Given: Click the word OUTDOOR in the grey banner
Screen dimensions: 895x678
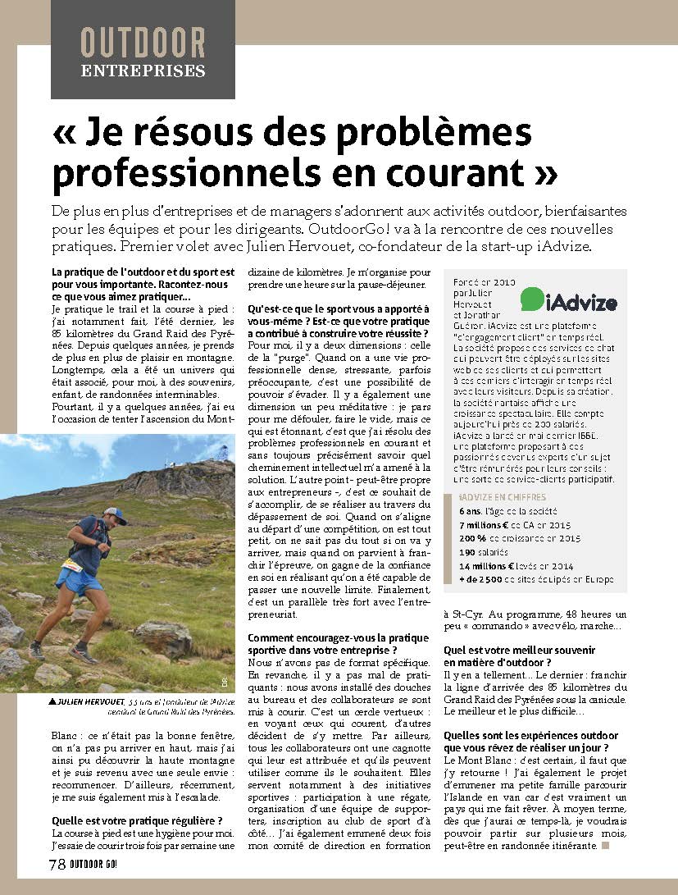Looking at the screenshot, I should click(x=143, y=42).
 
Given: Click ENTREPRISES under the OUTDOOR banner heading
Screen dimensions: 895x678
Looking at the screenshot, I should click(x=143, y=70).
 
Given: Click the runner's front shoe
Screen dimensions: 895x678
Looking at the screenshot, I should click(x=83, y=655).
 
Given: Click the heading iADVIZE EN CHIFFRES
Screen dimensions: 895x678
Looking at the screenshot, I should click(x=496, y=496).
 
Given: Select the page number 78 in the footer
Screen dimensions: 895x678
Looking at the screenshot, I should click(x=57, y=864).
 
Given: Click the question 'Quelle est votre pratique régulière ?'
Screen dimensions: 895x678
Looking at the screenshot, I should click(x=137, y=820).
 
